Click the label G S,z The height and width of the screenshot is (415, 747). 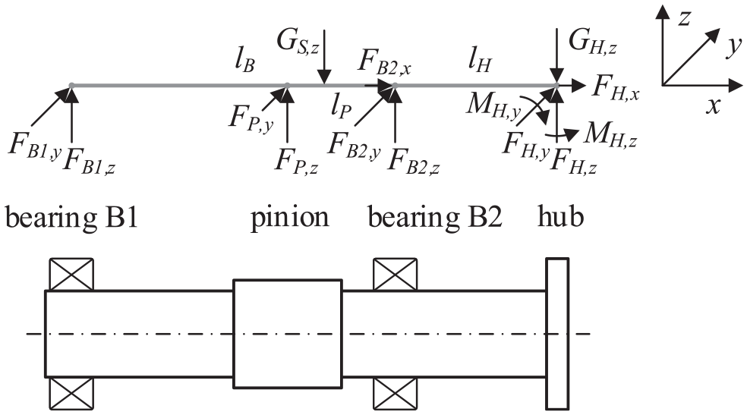[298, 42]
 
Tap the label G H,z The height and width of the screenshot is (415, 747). [593, 42]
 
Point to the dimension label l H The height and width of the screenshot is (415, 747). [479, 61]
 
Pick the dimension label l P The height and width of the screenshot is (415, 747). [341, 105]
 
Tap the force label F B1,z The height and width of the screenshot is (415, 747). [89, 160]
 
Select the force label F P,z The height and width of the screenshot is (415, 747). [296, 160]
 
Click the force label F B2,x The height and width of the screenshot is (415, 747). [384, 62]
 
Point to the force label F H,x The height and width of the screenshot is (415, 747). [615, 89]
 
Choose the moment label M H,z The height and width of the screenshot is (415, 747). [610, 134]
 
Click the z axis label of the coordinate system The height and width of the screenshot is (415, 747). [685, 17]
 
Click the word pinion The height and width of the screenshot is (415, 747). [290, 218]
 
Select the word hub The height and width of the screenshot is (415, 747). [561, 216]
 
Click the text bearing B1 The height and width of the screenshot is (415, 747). [71, 218]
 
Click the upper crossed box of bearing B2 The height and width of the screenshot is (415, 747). [395, 274]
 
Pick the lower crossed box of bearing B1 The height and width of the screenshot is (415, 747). [71, 393]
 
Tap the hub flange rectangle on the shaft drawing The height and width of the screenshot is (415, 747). [557, 334]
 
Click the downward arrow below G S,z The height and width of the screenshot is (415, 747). [324, 57]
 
